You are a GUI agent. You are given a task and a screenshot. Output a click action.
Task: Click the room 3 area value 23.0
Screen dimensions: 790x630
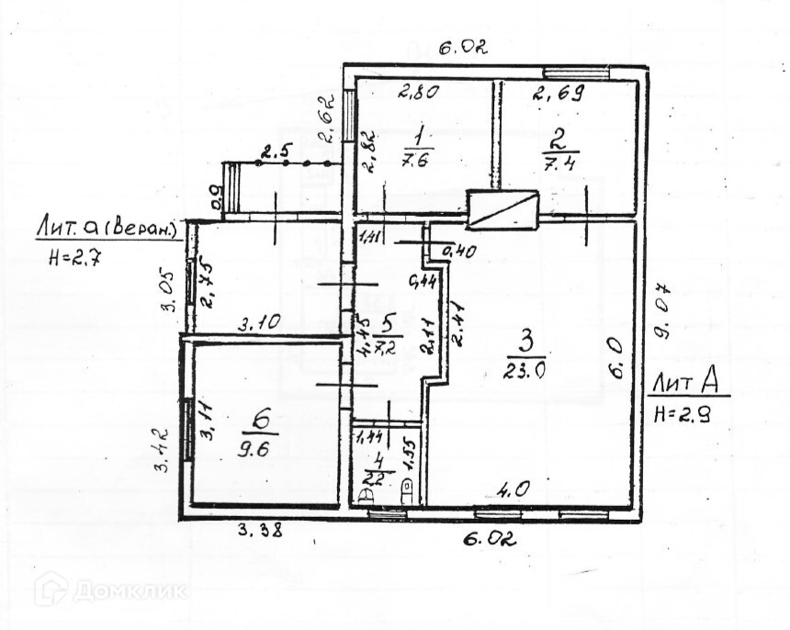(524, 372)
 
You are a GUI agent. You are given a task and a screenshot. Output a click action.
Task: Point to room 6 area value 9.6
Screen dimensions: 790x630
(261, 451)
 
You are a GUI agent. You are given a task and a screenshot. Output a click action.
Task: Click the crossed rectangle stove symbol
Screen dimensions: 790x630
(502, 209)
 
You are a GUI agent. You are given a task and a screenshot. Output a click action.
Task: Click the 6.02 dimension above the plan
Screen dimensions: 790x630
(461, 48)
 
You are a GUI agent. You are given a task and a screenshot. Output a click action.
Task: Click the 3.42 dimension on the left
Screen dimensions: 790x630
(162, 445)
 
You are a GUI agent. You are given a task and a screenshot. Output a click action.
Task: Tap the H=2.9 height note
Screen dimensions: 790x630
(680, 414)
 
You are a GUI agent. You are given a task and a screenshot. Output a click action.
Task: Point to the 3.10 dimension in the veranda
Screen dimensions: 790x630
(260, 322)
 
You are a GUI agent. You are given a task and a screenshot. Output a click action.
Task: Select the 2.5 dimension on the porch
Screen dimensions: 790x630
(274, 152)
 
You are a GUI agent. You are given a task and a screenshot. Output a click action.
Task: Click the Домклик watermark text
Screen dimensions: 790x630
(130, 589)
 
